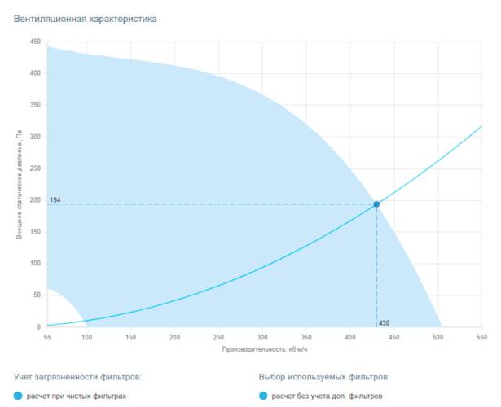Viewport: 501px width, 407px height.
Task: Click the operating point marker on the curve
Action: [x=376, y=204]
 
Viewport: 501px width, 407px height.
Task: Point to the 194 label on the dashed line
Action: [x=55, y=199]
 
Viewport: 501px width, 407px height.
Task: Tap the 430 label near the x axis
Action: [x=385, y=323]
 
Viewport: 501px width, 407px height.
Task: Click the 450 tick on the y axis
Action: [x=34, y=42]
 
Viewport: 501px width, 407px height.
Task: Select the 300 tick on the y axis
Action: [x=34, y=137]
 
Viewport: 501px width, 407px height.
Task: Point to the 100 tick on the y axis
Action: [x=34, y=264]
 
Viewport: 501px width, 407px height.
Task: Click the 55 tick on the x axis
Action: [x=47, y=337]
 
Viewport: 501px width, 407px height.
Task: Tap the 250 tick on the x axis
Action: [x=218, y=337]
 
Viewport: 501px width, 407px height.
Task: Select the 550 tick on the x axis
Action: [x=481, y=337]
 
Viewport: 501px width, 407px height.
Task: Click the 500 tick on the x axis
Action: [x=437, y=337]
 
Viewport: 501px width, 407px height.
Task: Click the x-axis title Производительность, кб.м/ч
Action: [x=265, y=349]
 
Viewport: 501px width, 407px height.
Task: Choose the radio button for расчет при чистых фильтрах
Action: [x=19, y=396]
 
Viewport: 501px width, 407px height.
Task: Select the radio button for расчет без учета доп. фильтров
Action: [x=263, y=396]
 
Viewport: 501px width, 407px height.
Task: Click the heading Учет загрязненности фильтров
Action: [x=78, y=378]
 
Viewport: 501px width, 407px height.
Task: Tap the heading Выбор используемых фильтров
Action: [x=324, y=378]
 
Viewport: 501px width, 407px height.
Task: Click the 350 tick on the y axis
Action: [x=34, y=105]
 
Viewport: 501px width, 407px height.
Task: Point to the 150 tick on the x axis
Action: [x=130, y=337]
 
